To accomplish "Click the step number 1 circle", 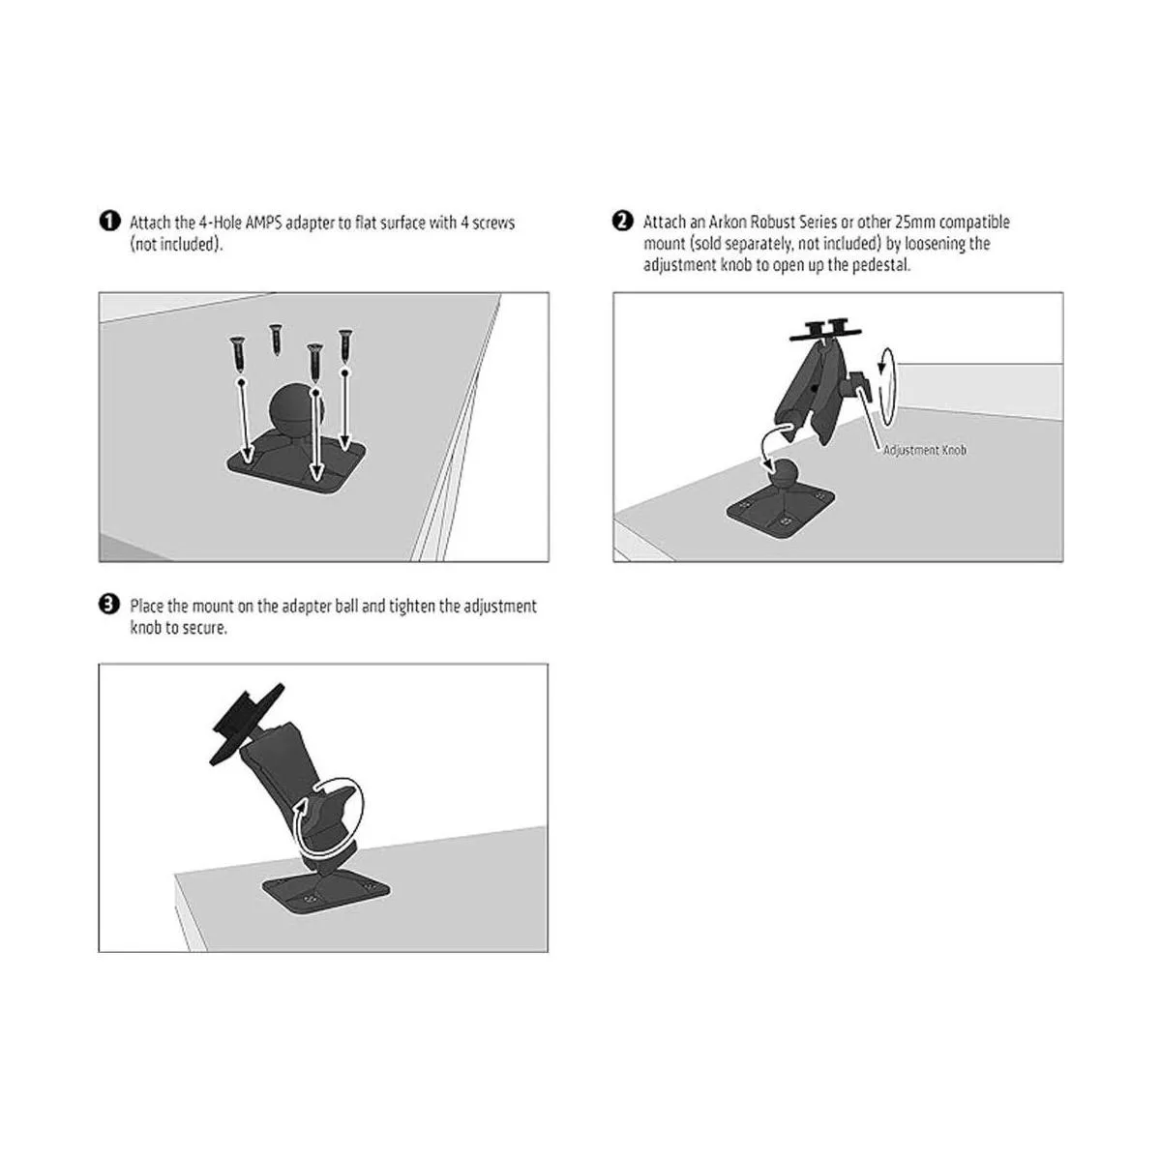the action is click(x=109, y=222).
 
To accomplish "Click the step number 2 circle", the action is click(x=622, y=221).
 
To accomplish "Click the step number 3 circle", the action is click(x=109, y=605).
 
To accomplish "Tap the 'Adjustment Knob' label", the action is click(x=924, y=450).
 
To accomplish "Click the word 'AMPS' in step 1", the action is click(x=263, y=223).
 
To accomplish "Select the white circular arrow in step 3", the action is click(x=328, y=819).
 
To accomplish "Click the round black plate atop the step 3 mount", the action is click(x=246, y=725).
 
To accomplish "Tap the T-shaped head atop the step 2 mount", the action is click(x=825, y=332).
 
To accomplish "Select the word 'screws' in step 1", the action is click(x=493, y=223).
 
